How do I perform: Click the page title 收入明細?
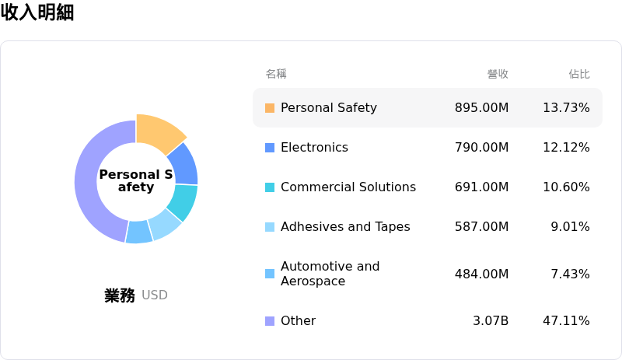tap(37, 12)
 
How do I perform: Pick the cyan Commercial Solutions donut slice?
tap(183, 201)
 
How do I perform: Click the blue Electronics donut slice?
tap(183, 162)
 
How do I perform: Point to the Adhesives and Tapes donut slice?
tap(164, 224)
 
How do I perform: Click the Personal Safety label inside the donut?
tap(136, 180)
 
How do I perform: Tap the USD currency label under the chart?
tap(155, 295)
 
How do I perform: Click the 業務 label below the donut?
tap(120, 295)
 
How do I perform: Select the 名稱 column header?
tap(276, 74)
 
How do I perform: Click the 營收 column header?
tap(498, 74)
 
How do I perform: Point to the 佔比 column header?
tap(579, 74)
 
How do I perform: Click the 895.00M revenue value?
tap(481, 107)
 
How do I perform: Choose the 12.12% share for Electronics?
tap(566, 147)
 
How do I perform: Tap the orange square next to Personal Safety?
tap(270, 108)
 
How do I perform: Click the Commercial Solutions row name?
tap(348, 187)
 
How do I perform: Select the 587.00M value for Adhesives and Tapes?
tap(481, 226)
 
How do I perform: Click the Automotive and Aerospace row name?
tap(330, 273)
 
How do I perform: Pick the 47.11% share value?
tap(566, 320)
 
